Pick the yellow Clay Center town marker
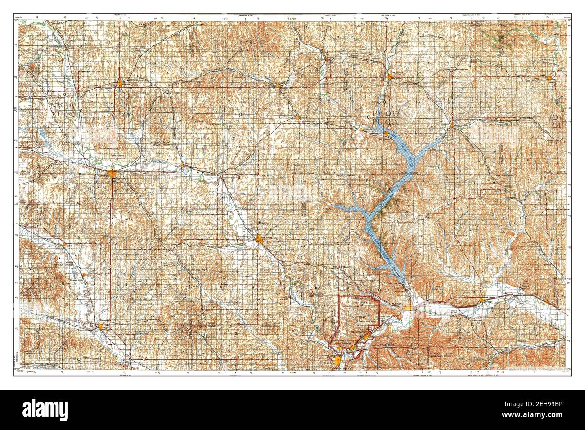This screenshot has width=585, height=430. pos(260,240)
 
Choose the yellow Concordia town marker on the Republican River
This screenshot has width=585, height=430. pos(112,174)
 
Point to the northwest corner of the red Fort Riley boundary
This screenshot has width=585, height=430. pos(339,296)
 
